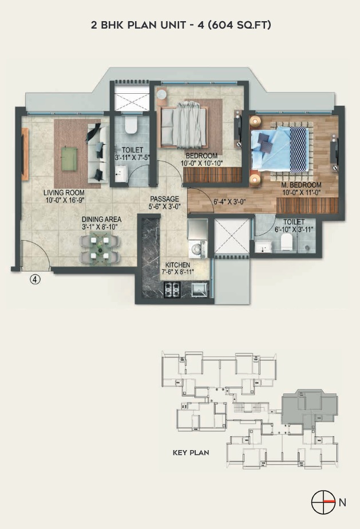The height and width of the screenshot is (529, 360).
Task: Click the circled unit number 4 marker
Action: pyautogui.click(x=35, y=279)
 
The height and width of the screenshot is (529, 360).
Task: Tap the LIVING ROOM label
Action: pyautogui.click(x=64, y=193)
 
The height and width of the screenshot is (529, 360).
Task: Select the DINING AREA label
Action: pyautogui.click(x=101, y=219)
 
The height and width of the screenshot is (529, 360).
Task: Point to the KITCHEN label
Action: pyautogui.click(x=177, y=265)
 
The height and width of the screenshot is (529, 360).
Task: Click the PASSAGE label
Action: pyautogui.click(x=164, y=199)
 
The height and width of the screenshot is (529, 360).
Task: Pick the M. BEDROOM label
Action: pyautogui.click(x=301, y=185)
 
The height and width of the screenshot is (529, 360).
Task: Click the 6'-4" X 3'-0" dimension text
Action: pyautogui.click(x=230, y=202)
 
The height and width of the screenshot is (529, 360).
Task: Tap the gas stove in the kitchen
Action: pyautogui.click(x=172, y=289)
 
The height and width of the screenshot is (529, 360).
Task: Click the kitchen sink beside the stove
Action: pyautogui.click(x=200, y=289)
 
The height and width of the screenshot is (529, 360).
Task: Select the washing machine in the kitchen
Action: pyautogui.click(x=197, y=249)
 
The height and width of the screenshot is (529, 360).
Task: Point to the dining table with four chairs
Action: pyautogui.click(x=99, y=249)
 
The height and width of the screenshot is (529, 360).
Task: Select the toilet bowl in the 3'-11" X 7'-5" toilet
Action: pyautogui.click(x=130, y=125)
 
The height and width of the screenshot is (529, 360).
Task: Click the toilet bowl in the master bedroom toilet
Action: pyautogui.click(x=286, y=242)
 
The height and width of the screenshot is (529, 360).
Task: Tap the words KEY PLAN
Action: pyautogui.click(x=191, y=453)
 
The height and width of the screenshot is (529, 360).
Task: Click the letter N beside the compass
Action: pyautogui.click(x=342, y=502)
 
